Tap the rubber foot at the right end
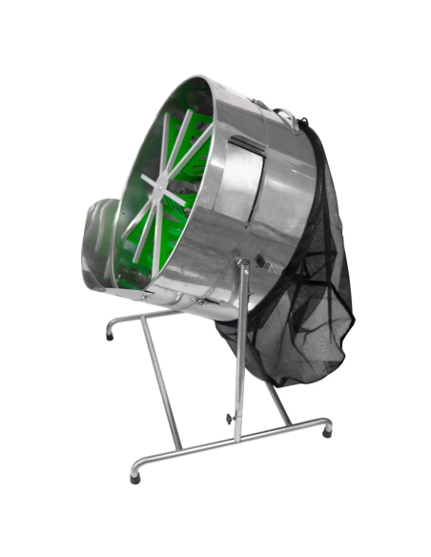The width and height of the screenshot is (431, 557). pyautogui.click(x=328, y=431)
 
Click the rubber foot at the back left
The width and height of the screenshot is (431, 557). pyautogui.click(x=110, y=337)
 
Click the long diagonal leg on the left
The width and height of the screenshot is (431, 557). pyautogui.click(x=161, y=382)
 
